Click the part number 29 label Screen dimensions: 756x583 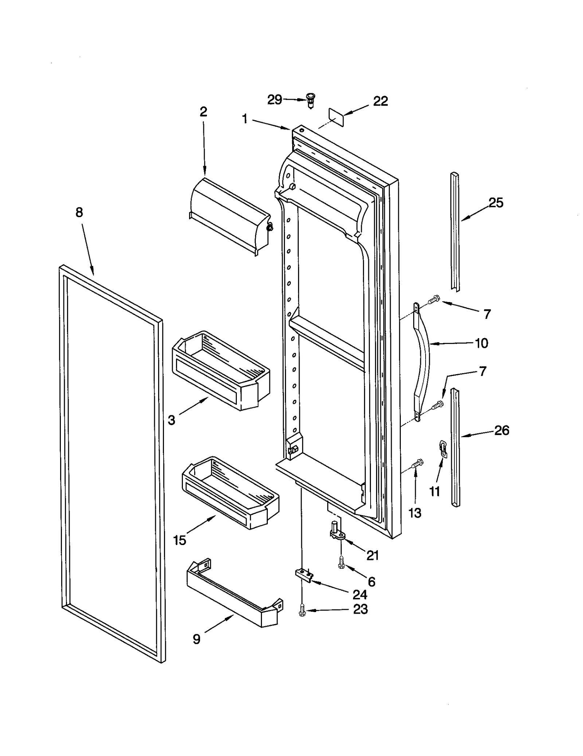point(274,99)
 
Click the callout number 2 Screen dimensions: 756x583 point(203,112)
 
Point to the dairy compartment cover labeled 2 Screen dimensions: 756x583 point(230,215)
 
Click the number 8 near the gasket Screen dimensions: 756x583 point(79,212)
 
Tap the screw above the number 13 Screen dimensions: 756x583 point(417,464)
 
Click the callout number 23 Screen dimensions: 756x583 point(360,609)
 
